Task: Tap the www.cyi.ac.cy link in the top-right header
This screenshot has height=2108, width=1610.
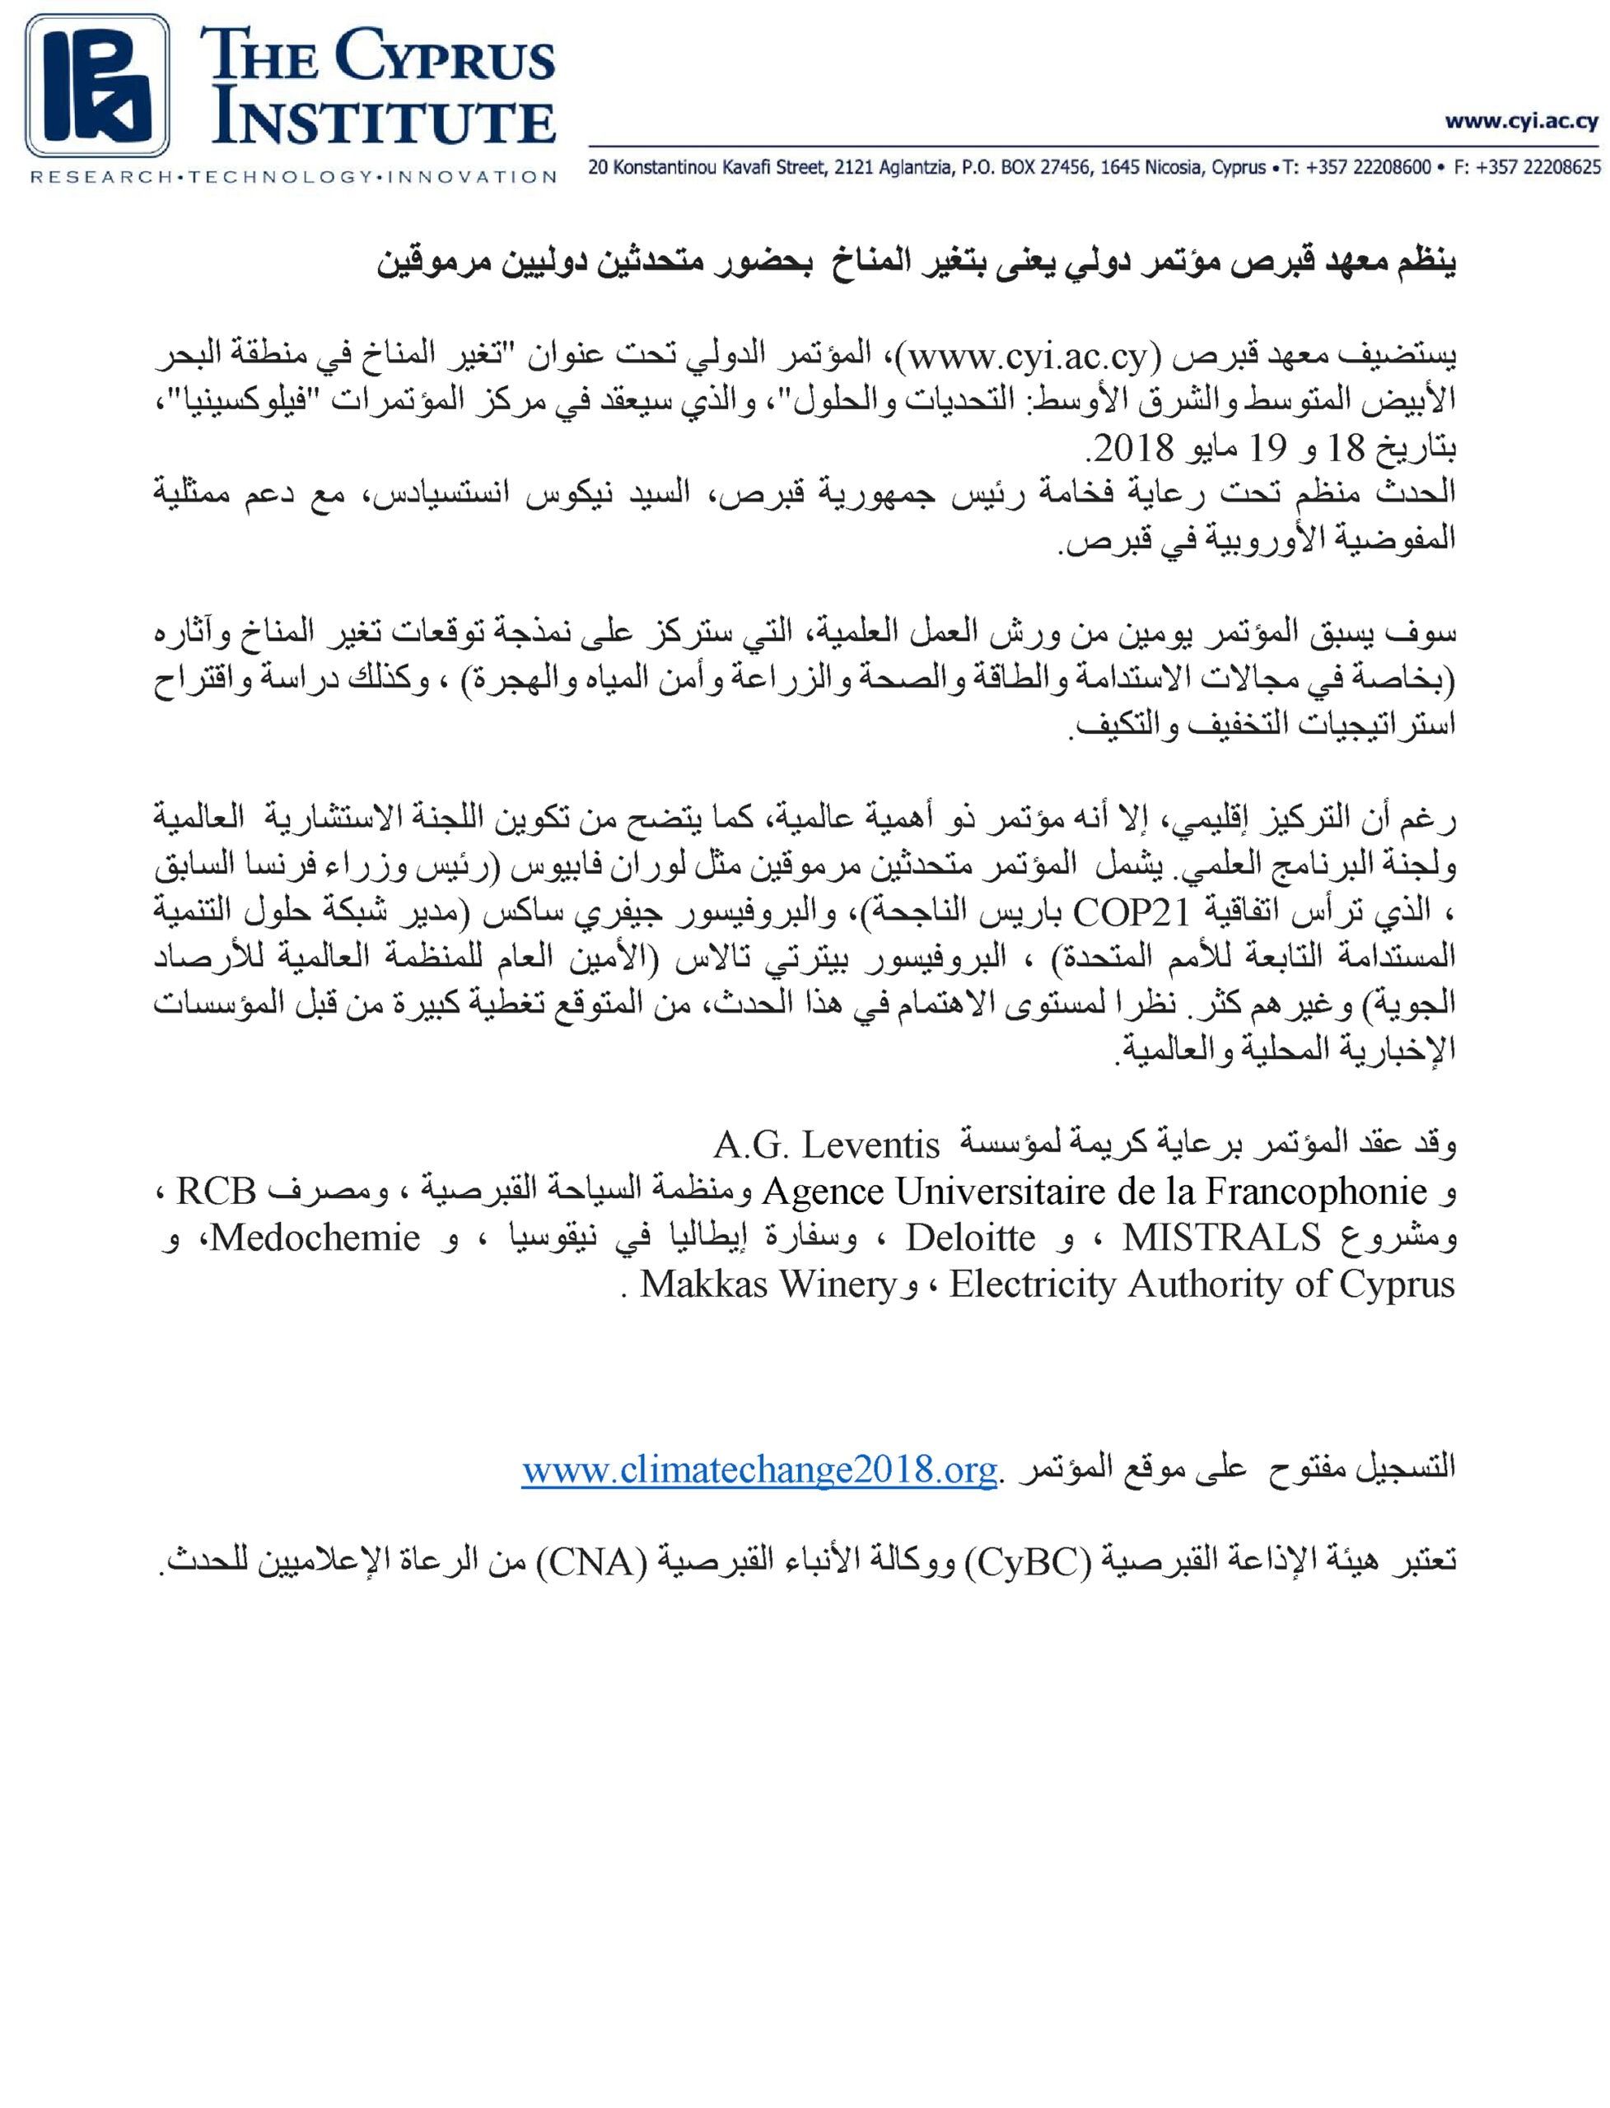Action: coord(1522,122)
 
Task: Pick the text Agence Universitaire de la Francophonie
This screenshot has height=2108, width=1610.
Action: coord(1095,1191)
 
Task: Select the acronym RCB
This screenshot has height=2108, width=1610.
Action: coord(217,1191)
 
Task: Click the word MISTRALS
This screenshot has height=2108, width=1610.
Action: coord(1222,1238)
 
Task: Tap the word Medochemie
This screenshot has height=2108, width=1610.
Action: coord(315,1238)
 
